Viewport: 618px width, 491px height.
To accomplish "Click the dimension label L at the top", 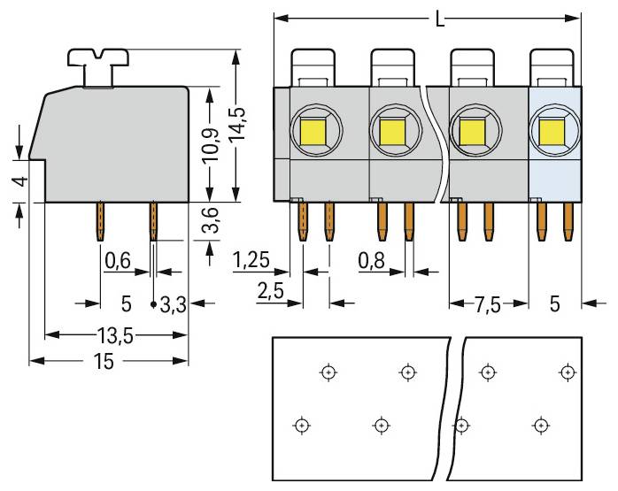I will point(440,18).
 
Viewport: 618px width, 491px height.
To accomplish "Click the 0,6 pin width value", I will point(118,261).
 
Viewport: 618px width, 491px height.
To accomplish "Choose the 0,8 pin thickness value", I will point(372,260).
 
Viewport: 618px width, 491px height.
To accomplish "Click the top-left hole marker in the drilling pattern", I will point(328,372).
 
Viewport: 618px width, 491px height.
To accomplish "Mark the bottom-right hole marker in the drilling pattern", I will point(538,426).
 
